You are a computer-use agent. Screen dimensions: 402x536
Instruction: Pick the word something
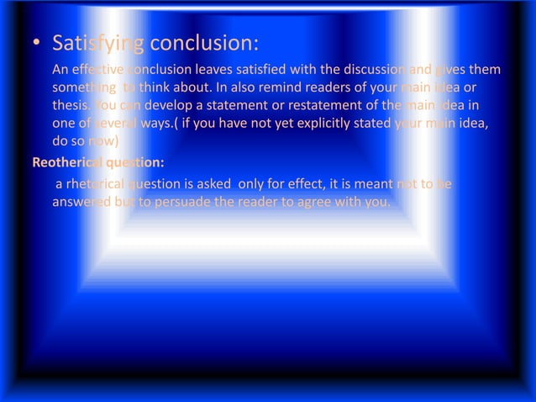pyautogui.click(x=84, y=87)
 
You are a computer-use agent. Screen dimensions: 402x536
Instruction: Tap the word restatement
pyautogui.click(x=316, y=105)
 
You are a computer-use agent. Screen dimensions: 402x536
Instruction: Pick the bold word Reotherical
pyautogui.click(x=68, y=161)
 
